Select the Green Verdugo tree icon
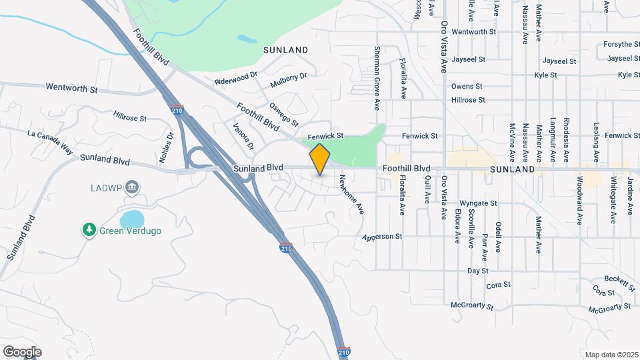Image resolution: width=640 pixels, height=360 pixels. pos(89,230)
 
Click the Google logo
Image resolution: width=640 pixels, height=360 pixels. pos(22,352)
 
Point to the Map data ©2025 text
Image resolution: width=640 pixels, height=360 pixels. pos(611,354)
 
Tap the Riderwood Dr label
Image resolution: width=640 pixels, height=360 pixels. pos(235,79)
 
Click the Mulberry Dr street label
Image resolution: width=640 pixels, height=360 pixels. pos(289,81)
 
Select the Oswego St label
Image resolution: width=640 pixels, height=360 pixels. pos(284,113)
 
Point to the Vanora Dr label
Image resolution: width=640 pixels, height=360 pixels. pos(243,135)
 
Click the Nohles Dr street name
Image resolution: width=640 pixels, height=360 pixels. pos(169,145)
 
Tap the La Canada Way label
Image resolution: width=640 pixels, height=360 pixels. pos(50,142)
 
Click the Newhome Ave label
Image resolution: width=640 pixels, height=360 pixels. pos(351,193)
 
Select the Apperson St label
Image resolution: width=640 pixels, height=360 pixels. pos(383,237)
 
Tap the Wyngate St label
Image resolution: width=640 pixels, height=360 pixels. pos(479,203)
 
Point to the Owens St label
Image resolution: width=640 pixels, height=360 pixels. pos(466,87)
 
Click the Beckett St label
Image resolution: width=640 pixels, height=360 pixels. pos(620,283)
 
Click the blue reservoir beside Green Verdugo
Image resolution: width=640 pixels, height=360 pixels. pos(132,219)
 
